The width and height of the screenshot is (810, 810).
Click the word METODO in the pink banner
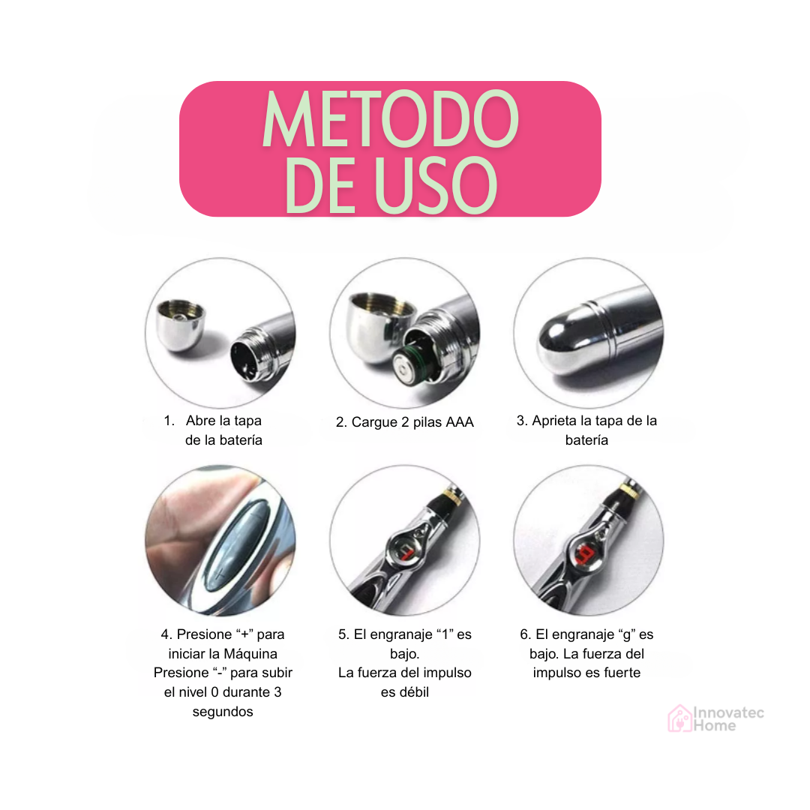(x=391, y=118)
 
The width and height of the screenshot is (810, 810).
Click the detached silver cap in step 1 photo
(x=180, y=325)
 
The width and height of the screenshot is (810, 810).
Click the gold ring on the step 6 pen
(x=628, y=487)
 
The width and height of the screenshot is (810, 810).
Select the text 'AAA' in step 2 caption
(x=459, y=422)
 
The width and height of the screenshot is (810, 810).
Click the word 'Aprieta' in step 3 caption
(x=554, y=421)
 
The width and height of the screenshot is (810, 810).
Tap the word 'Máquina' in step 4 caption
(x=250, y=653)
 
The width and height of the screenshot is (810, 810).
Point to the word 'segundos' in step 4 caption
(x=223, y=712)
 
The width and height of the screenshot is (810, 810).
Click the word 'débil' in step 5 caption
(x=404, y=692)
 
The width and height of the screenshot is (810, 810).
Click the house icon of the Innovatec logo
(x=679, y=718)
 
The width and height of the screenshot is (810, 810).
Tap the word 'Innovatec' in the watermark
(x=728, y=713)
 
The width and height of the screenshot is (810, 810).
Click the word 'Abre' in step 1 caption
(x=201, y=421)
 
